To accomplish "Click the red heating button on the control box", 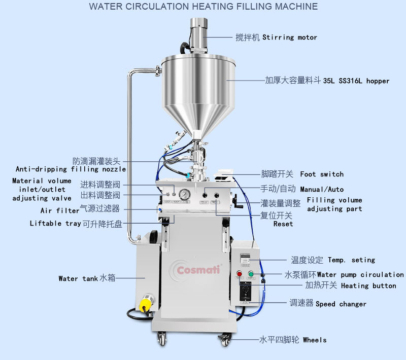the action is click(x=240, y=274).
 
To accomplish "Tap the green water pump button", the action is click(x=251, y=274).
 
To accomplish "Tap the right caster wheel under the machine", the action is click(x=224, y=339).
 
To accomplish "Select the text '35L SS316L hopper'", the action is click(x=356, y=81).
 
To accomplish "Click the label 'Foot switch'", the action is click(x=322, y=174).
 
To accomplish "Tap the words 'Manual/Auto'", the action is click(x=322, y=189).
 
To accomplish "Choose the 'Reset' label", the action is click(x=283, y=224).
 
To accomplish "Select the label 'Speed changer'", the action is click(x=341, y=304).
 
